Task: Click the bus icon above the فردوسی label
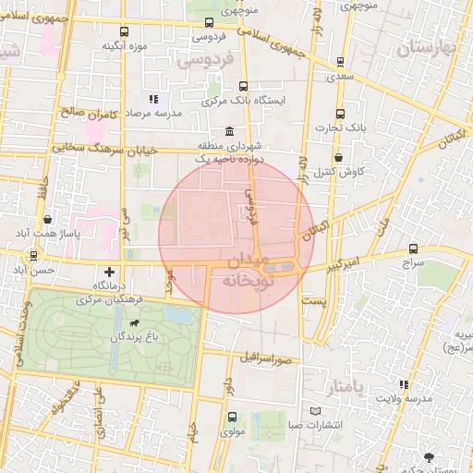(x=209, y=23)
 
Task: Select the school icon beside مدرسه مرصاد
(x=153, y=98)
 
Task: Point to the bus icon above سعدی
(x=342, y=63)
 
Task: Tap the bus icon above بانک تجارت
(x=340, y=114)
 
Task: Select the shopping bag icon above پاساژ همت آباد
(x=46, y=219)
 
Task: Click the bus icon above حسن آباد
(x=34, y=255)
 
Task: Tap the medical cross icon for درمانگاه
(x=110, y=272)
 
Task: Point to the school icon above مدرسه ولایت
(x=403, y=384)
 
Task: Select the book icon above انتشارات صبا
(x=317, y=410)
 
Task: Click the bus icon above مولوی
(x=230, y=417)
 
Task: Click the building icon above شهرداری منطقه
(x=228, y=132)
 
